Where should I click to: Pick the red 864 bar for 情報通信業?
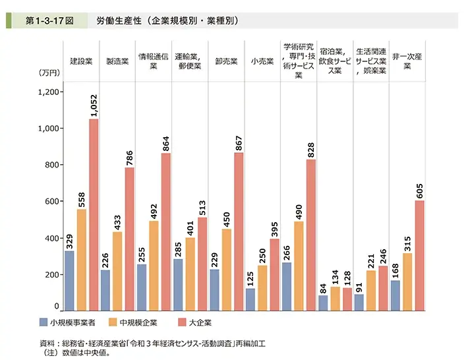[x=166, y=231]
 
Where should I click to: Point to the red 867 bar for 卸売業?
[x=239, y=231]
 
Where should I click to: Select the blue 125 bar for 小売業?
[x=250, y=299]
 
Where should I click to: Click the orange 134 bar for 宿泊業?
[x=334, y=298]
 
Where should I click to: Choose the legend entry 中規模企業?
[x=137, y=322]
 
